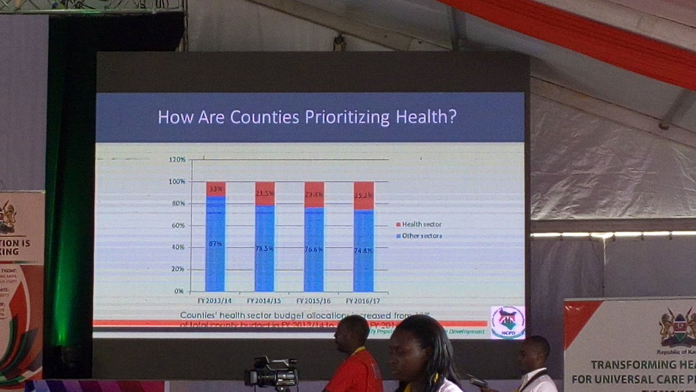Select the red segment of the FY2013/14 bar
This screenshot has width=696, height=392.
(x=215, y=189)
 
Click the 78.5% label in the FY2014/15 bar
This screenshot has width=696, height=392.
(x=264, y=249)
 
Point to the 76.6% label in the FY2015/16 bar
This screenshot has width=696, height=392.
(x=314, y=249)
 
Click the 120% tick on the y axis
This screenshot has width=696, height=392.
(x=177, y=160)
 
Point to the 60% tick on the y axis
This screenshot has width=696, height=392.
(x=179, y=225)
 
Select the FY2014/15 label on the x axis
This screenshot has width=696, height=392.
(x=264, y=301)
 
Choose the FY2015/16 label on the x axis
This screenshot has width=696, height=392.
(x=314, y=301)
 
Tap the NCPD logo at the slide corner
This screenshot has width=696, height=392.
(x=507, y=322)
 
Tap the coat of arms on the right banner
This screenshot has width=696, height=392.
(x=676, y=328)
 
